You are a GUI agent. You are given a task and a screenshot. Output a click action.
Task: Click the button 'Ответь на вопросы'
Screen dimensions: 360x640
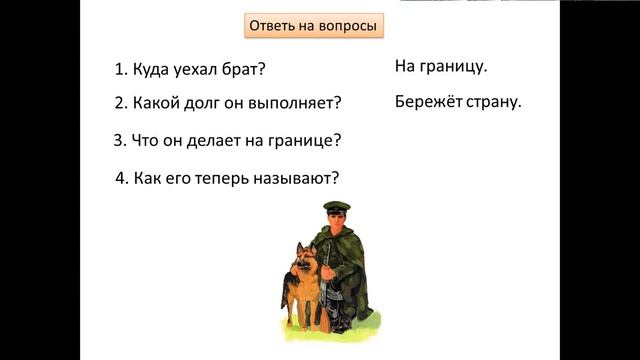[x=314, y=26]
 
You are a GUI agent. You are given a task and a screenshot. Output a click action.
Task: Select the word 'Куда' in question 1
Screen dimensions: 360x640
[x=151, y=71]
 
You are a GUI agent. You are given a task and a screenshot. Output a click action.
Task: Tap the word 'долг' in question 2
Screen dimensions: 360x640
[x=208, y=103]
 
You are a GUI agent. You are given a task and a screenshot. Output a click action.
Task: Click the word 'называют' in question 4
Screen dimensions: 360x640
[x=295, y=180]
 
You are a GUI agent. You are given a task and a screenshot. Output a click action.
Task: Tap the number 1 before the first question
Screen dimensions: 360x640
[x=120, y=71]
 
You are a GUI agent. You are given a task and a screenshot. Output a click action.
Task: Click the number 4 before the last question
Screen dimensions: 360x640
[x=120, y=180]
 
